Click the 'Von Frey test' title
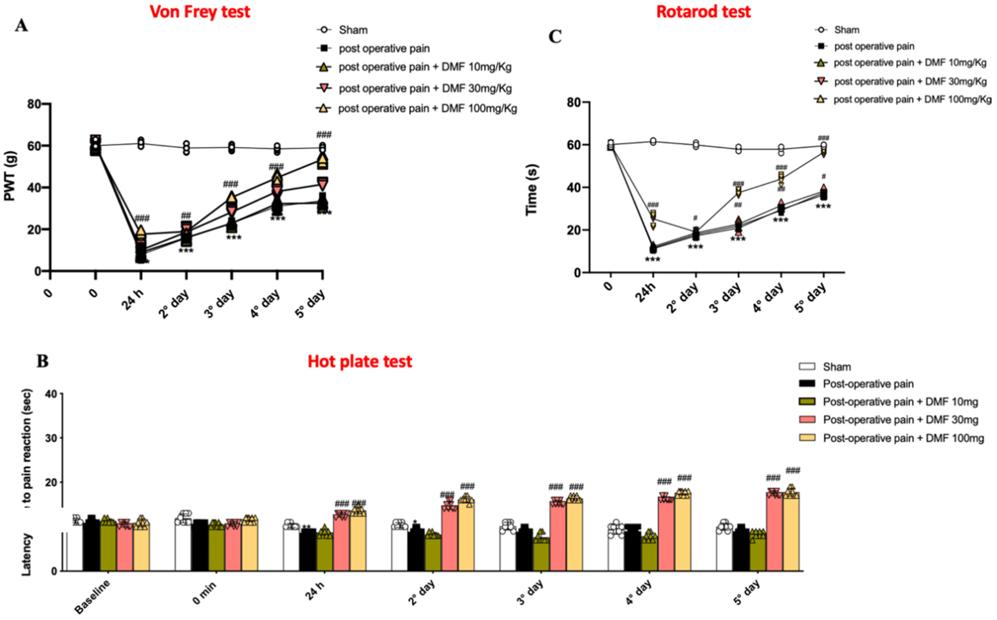tap(200, 12)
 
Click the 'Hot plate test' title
tap(360, 362)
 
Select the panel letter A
tap(21, 26)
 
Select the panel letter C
tap(555, 37)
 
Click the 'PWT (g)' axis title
tap(10, 176)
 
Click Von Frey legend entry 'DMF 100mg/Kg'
tap(427, 109)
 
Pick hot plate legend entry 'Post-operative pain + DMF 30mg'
tap(900, 420)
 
